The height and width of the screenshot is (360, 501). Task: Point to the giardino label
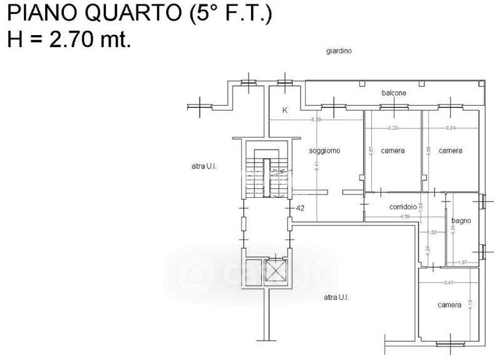pos(338,51)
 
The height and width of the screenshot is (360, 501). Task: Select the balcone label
pos(394,93)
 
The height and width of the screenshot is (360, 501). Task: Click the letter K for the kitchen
pos(285,110)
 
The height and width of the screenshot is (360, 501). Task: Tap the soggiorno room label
pos(325,151)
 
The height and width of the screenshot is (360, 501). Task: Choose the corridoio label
pos(403,207)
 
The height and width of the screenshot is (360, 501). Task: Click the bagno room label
pos(460,221)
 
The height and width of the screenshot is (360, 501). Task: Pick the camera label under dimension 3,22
pos(392,151)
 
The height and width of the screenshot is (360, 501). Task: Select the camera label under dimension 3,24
pos(450,151)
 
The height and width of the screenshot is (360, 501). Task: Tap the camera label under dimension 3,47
pos(449,305)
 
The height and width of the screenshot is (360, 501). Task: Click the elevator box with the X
pos(276,271)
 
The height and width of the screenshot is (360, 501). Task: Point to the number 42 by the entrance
pos(300,208)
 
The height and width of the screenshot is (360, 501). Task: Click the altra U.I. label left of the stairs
pos(204,167)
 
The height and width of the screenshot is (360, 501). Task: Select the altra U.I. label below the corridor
pos(336,297)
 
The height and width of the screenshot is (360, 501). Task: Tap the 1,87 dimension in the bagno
pos(463,262)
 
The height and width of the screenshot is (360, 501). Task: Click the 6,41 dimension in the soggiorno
pos(317,166)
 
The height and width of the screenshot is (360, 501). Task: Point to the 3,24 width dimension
pos(450,128)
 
